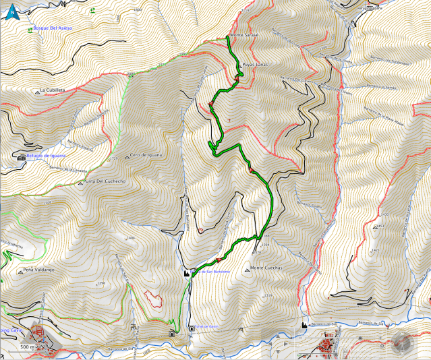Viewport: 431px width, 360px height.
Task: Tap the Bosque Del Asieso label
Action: click(53, 28)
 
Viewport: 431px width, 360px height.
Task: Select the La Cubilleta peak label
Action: click(52, 90)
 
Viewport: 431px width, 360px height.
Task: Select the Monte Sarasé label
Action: click(244, 35)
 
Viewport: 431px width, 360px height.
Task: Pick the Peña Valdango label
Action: click(38, 270)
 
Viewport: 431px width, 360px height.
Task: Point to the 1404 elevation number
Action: click(131, 237)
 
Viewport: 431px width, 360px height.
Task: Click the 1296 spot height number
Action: click(101, 282)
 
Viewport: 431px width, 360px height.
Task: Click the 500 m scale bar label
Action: click(26, 347)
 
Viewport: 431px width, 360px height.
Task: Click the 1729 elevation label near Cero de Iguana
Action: click(113, 159)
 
